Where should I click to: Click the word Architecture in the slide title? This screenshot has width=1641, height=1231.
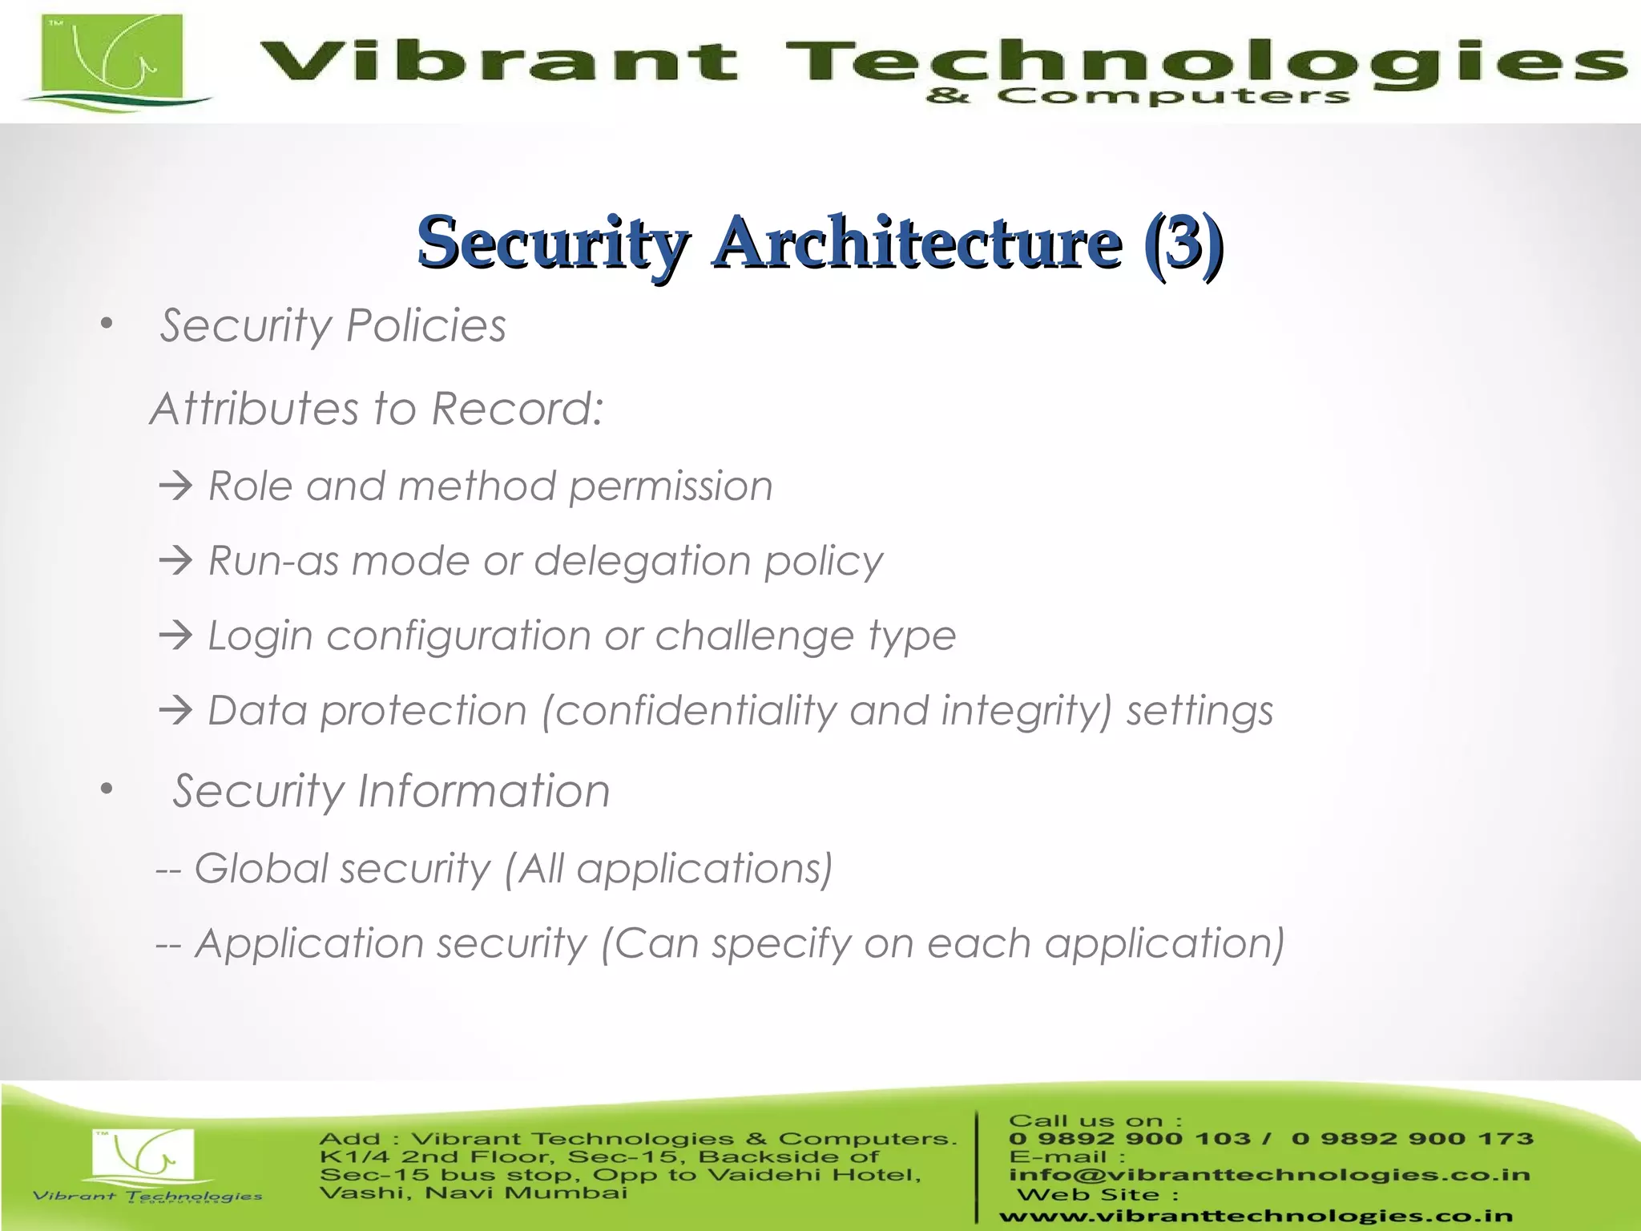point(917,243)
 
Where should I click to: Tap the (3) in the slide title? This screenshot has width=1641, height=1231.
point(1183,243)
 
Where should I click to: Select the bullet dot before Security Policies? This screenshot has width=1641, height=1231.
point(107,325)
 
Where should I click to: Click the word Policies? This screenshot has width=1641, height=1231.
point(425,326)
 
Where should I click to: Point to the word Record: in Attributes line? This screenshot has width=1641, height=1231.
point(517,409)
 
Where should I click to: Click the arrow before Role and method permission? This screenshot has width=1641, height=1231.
point(175,486)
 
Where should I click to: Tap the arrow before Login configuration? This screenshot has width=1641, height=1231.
point(175,636)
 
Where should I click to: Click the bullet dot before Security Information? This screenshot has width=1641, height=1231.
point(107,789)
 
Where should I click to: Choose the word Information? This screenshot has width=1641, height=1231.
point(483,791)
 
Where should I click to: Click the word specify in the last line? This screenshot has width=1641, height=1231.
point(781,944)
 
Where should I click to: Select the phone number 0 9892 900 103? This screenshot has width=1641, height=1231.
point(1130,1139)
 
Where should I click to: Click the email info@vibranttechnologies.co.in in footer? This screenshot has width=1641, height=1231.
point(1269,1175)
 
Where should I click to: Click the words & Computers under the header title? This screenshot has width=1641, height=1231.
point(1138,97)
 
